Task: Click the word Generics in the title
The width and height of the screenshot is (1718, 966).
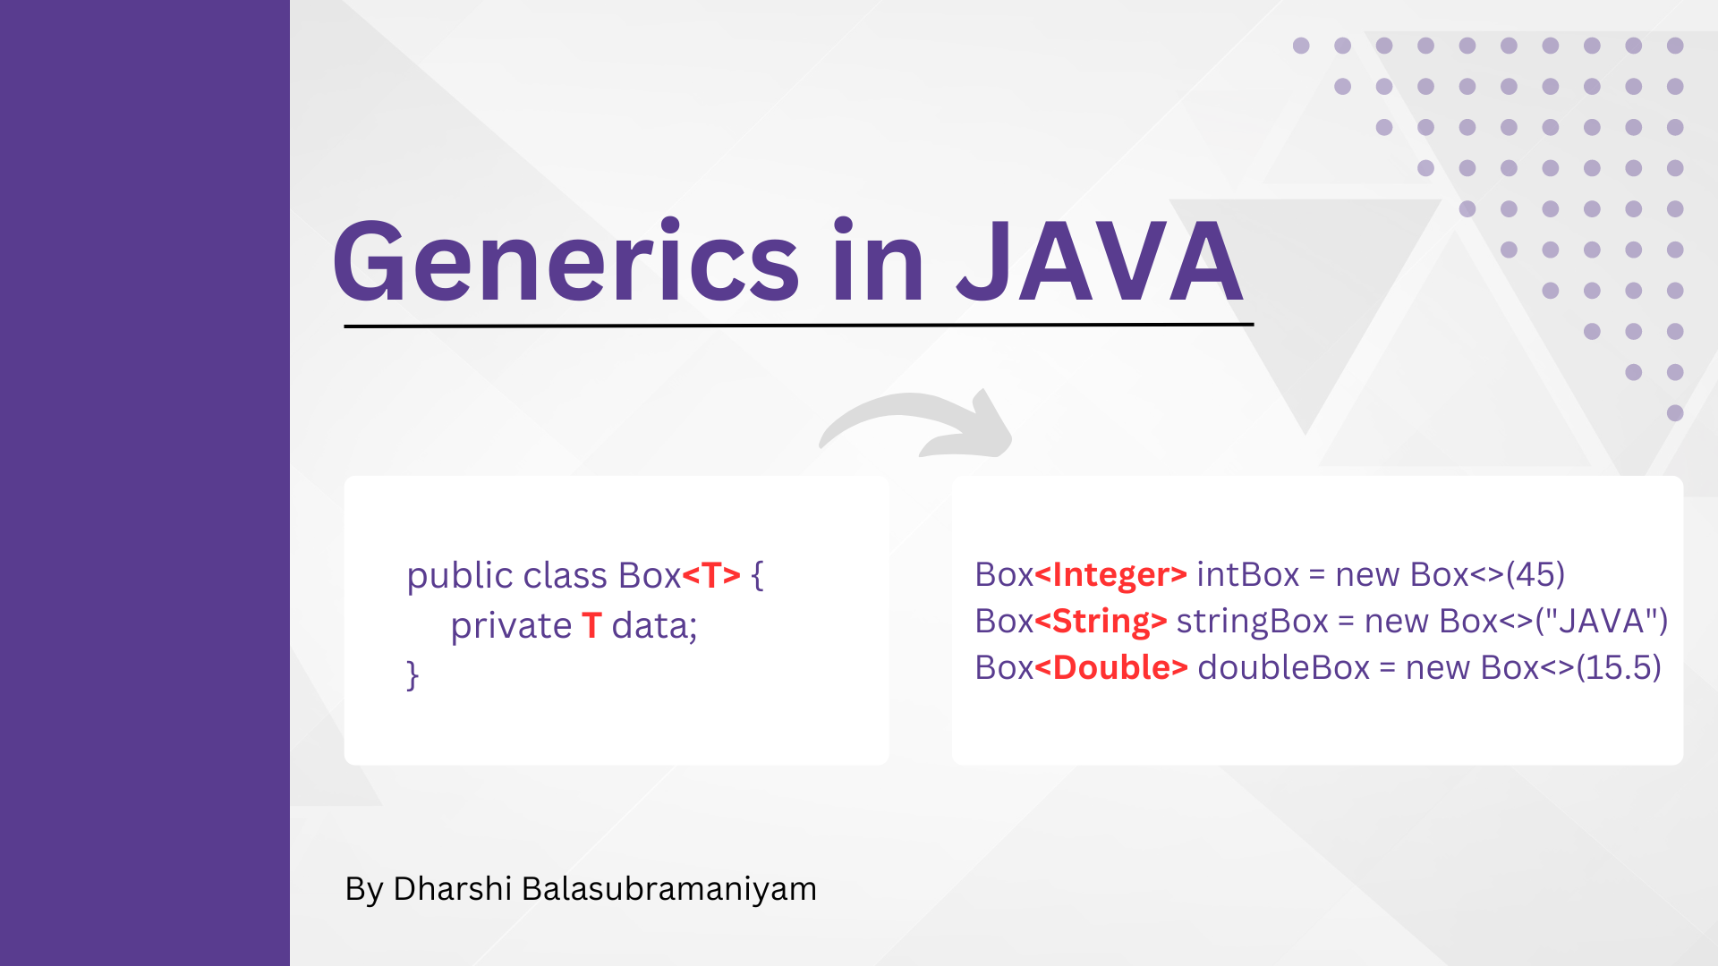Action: pos(566,262)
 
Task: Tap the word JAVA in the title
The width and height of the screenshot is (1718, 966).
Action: pos(1100,262)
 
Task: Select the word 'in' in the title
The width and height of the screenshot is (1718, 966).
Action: pos(878,260)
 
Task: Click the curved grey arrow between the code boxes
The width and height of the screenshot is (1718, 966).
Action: pos(916,420)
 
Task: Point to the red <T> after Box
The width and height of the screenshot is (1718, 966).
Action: pos(711,575)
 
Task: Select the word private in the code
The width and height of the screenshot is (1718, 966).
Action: pos(511,626)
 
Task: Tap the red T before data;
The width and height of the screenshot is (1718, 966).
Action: pos(591,625)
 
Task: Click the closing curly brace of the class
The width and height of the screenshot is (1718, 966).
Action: pos(412,675)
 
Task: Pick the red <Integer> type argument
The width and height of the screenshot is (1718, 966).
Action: pos(1110,574)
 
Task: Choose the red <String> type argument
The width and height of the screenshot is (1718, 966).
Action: pos(1101,621)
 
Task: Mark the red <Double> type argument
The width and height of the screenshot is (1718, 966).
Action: pos(1111,667)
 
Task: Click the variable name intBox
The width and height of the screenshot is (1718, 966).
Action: pos(1247,574)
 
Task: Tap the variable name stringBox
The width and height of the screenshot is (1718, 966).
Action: pos(1252,622)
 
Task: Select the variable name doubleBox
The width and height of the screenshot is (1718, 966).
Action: pos(1283,667)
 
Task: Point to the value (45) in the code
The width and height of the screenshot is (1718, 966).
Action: pos(1535,574)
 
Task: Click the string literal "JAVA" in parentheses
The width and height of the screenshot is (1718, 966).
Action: pos(1602,621)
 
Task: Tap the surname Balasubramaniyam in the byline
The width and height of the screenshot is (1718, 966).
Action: pos(669,889)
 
